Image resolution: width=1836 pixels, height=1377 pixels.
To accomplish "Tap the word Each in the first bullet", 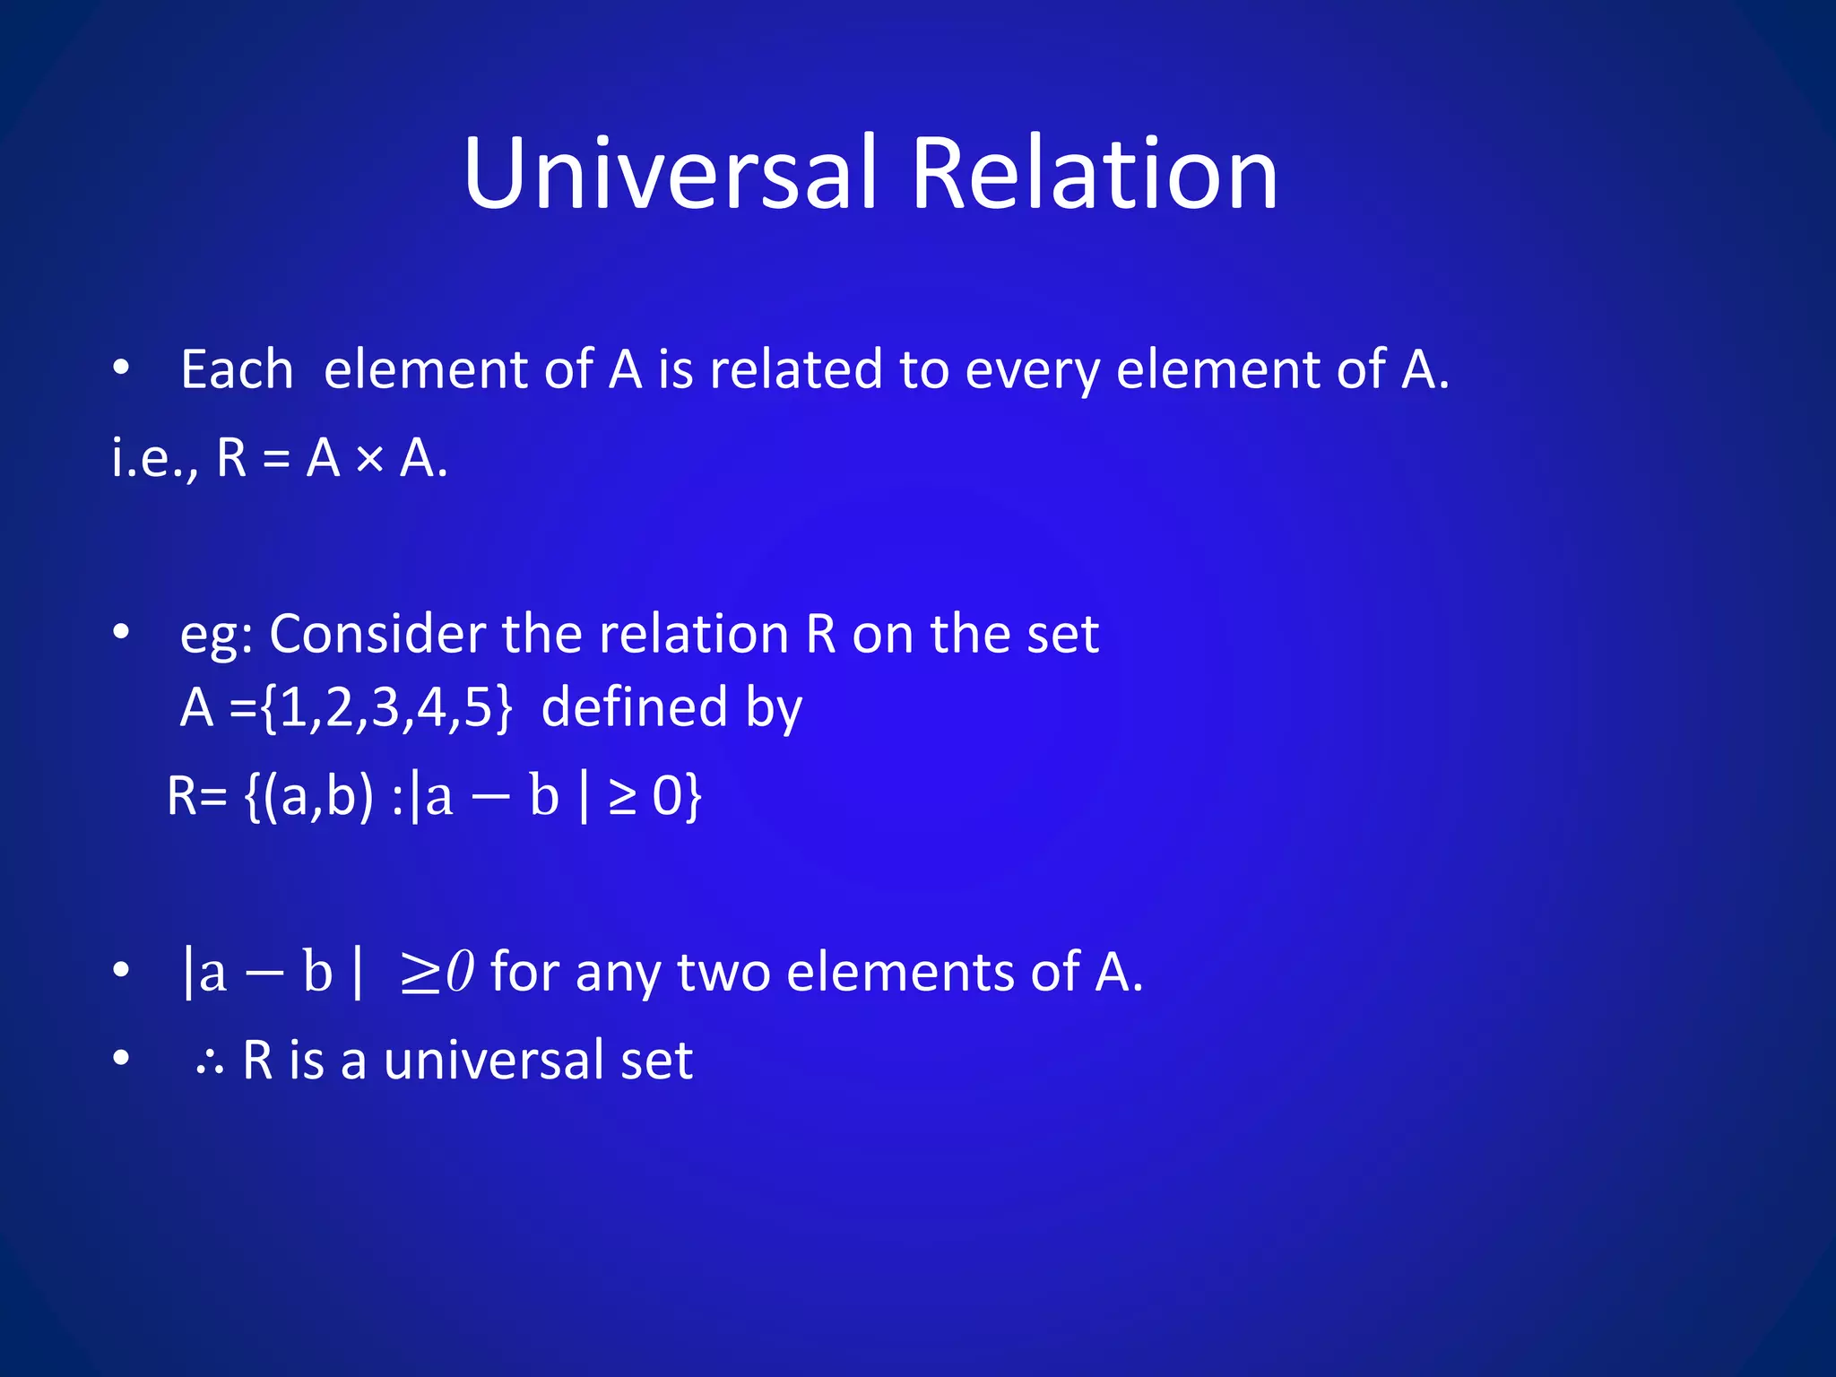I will [237, 369].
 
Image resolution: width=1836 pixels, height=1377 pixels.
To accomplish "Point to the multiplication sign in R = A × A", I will [369, 460].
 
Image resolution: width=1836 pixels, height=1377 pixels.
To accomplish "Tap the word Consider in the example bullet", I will [377, 634].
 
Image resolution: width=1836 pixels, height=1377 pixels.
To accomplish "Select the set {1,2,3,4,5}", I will [385, 708].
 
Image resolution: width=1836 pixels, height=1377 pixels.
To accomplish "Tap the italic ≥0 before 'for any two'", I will [437, 972].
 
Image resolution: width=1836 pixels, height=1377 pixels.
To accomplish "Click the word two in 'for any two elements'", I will [723, 972].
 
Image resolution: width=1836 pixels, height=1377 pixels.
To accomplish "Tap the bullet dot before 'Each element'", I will [122, 368].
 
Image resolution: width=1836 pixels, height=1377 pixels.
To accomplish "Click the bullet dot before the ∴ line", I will [122, 1059].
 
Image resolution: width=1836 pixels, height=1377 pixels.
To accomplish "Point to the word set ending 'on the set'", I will [1062, 634].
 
